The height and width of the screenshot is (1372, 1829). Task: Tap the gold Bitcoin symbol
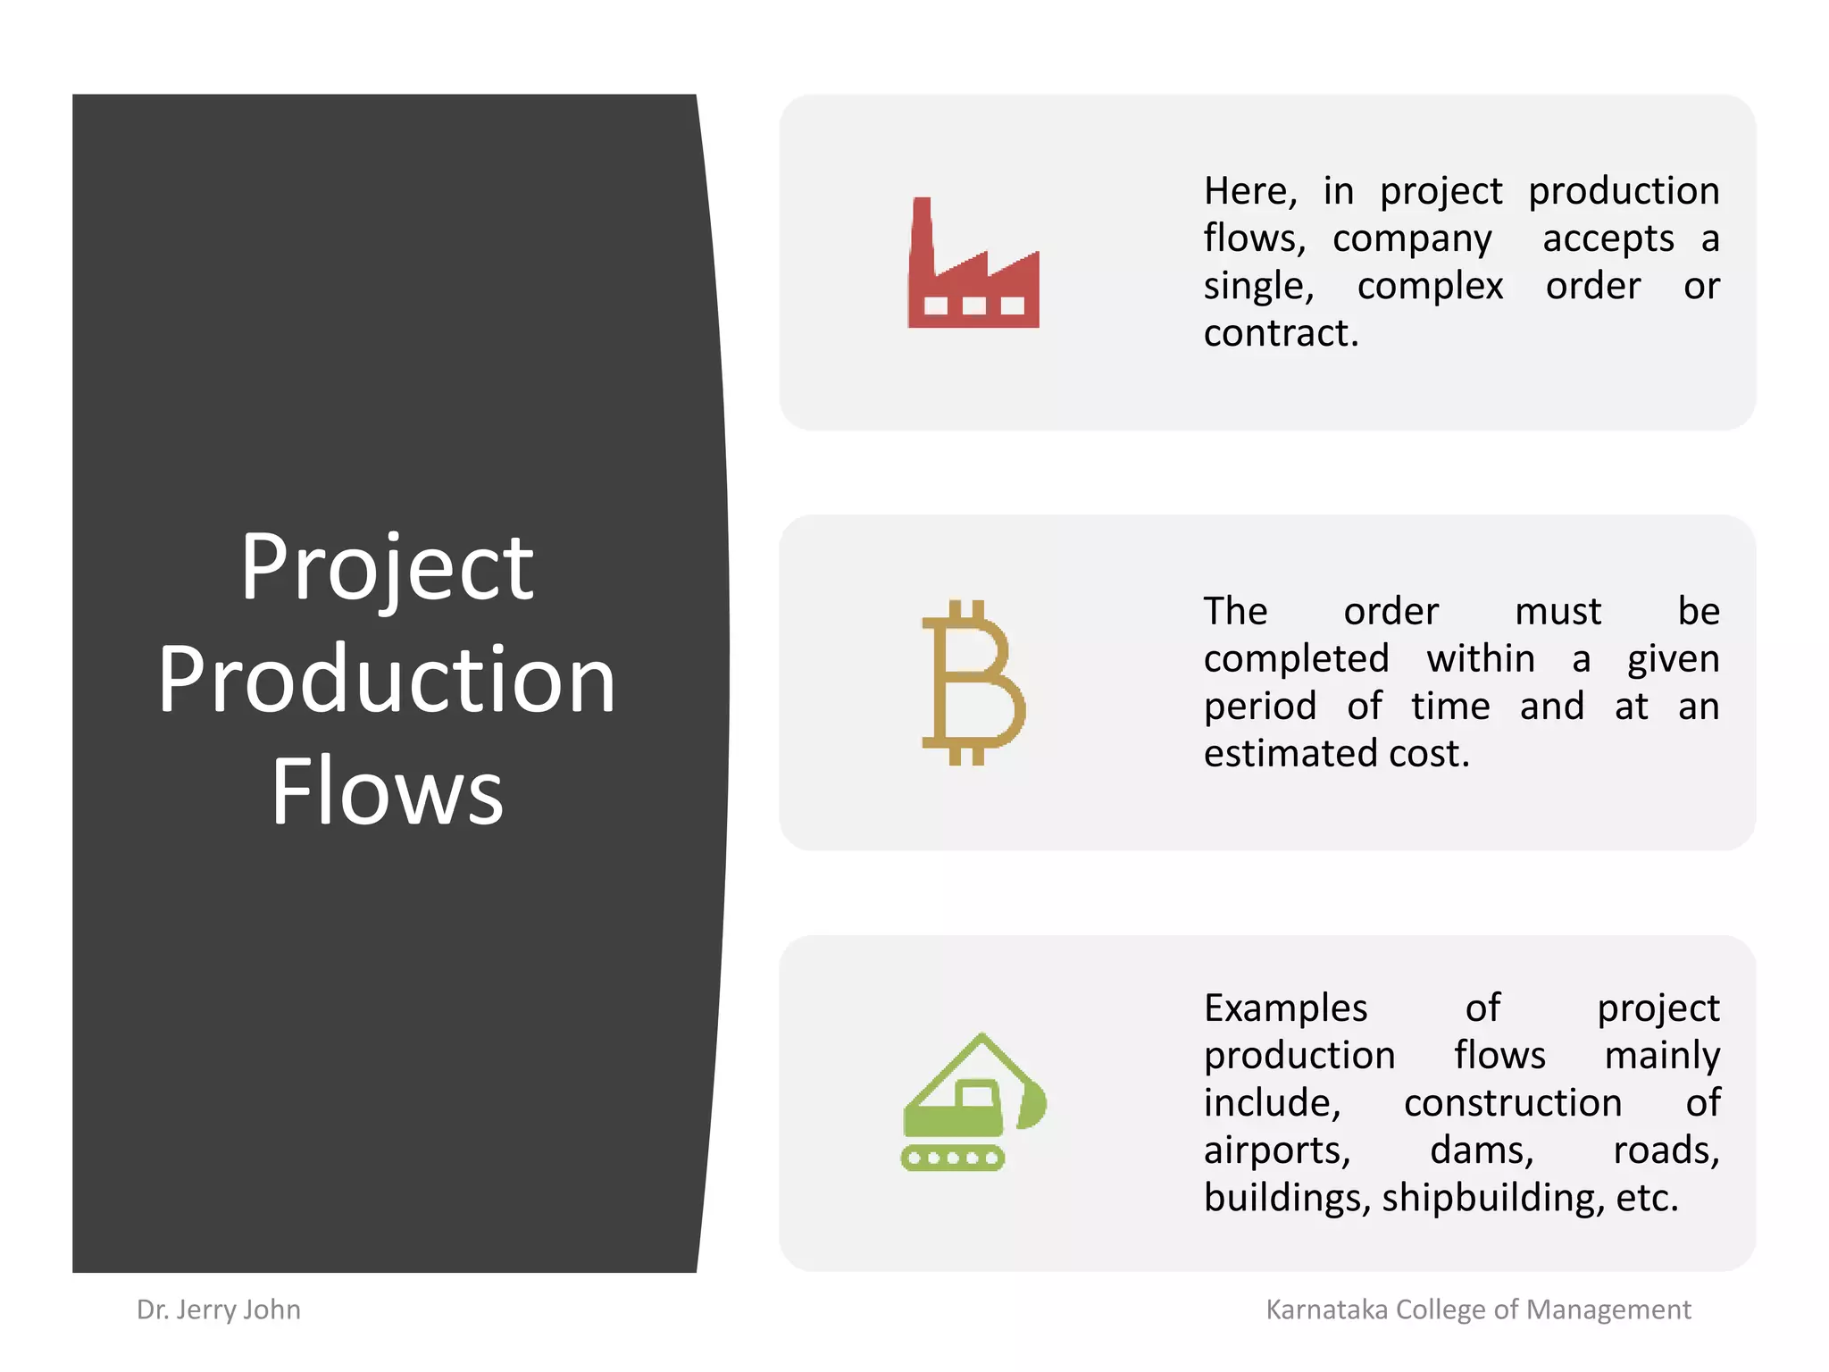[x=972, y=683]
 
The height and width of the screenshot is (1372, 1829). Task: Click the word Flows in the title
[x=388, y=791]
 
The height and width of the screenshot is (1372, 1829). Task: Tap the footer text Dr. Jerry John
[x=219, y=1309]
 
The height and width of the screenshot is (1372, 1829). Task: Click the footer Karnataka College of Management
[x=1478, y=1309]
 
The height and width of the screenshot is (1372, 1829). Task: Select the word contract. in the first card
[x=1281, y=333]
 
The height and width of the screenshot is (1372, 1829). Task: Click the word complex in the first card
[x=1430, y=286]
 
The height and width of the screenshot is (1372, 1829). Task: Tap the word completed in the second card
[x=1296, y=659]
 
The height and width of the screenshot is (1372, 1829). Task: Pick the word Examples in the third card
[x=1285, y=1008]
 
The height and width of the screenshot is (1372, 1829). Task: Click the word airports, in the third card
[x=1277, y=1150]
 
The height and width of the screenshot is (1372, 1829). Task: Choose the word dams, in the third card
[x=1482, y=1150]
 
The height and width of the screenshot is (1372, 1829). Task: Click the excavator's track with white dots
[x=952, y=1159]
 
